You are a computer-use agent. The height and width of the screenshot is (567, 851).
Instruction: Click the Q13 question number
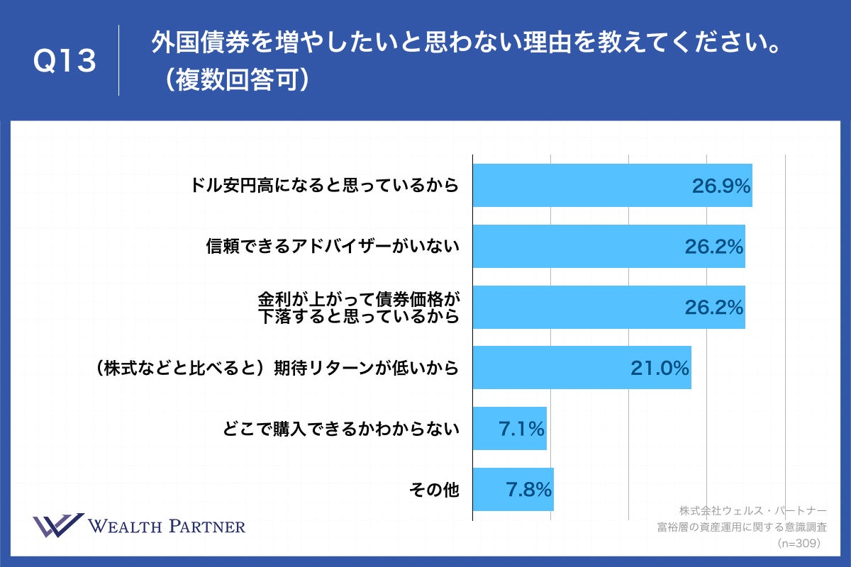pos(65,61)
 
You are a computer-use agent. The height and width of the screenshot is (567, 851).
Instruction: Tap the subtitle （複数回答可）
pos(231,79)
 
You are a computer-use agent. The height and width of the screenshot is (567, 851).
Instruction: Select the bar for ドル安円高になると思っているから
pos(582,186)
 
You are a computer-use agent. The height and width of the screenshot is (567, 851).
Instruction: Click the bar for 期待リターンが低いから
pos(553,368)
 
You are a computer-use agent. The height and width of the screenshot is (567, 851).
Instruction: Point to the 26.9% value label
pos(721,186)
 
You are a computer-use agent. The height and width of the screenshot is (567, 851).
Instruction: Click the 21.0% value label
pos(660,368)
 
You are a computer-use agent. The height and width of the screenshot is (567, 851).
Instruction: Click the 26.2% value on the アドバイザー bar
pos(713,246)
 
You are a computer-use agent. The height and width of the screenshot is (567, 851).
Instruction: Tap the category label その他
pos(434,489)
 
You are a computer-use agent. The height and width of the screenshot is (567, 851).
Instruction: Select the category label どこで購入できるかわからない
pos(340,428)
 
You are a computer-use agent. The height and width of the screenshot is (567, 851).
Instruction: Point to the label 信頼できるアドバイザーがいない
pos(333,246)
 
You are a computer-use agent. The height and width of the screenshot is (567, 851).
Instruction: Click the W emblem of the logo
pos(58,525)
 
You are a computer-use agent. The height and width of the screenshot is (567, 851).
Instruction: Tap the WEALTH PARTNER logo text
pos(167,526)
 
